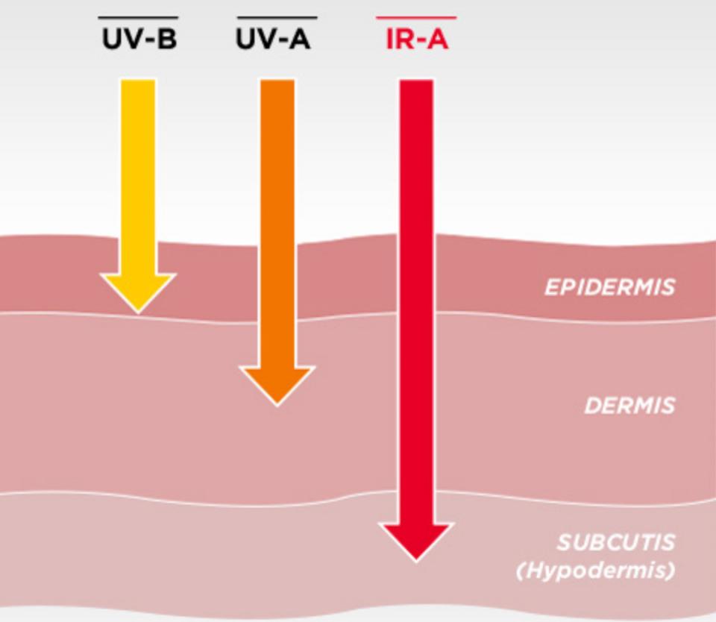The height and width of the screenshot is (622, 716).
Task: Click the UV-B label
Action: point(139,39)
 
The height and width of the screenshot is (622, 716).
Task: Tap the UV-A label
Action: point(273,39)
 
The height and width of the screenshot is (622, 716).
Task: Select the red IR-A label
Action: point(416,39)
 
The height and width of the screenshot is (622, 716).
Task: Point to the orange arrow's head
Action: point(277,384)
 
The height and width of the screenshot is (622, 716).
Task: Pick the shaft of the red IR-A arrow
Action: point(416,298)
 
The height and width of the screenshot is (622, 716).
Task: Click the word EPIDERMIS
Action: point(609,288)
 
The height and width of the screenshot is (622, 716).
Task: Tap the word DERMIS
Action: point(629,406)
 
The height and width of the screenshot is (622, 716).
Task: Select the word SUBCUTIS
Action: point(615,542)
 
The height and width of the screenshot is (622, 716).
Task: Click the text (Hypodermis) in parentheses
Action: point(595,571)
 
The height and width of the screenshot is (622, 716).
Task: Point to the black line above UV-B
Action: point(139,17)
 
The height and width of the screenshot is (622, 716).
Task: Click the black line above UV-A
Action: point(277,17)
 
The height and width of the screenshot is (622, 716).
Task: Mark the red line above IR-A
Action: point(416,17)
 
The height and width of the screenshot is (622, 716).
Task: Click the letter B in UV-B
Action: point(167,39)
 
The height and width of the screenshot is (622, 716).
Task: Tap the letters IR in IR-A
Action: point(398,39)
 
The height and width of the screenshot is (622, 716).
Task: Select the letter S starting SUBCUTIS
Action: point(563,542)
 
